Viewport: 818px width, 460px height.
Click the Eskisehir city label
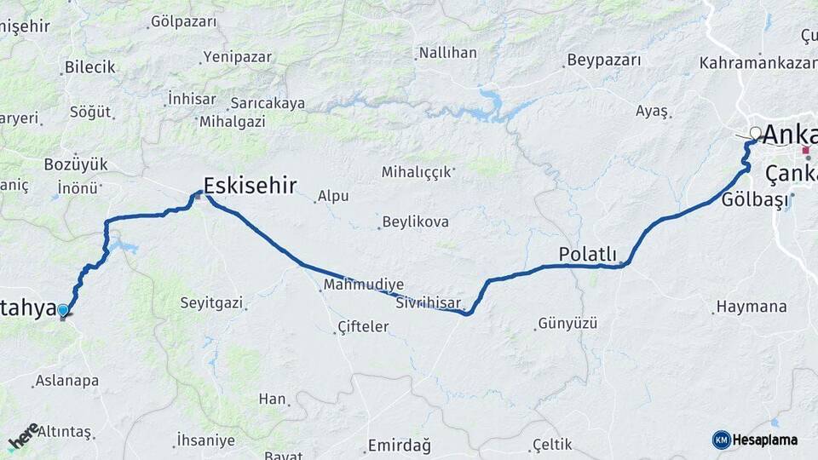coord(251,186)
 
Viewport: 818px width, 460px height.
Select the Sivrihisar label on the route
coord(430,303)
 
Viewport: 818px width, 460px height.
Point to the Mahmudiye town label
coord(364,285)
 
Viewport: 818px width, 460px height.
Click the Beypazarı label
coord(602,60)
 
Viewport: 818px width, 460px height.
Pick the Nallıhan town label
coord(447,53)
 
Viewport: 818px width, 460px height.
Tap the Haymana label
coord(750,307)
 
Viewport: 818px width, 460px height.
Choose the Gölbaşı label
coord(752,199)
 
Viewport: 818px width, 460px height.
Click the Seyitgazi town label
coord(211,302)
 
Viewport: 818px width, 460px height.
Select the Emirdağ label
coord(399,446)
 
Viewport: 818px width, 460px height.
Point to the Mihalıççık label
coord(416,172)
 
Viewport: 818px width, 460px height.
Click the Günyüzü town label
coord(567,324)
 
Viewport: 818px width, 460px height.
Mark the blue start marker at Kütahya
coord(63,310)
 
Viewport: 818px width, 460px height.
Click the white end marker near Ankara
coord(755,133)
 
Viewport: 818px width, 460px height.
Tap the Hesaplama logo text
coord(764,440)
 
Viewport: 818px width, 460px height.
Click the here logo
coord(24,436)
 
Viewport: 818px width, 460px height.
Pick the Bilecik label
coord(90,67)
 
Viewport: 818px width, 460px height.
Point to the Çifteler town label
coord(363,326)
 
